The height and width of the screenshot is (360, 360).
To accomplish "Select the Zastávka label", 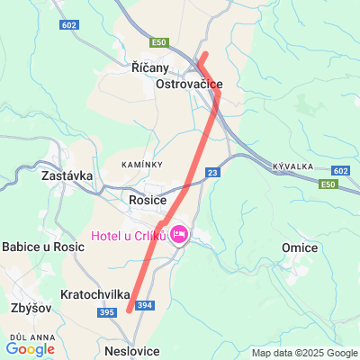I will (x=67, y=176).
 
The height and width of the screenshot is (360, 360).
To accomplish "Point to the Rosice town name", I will (x=148, y=200).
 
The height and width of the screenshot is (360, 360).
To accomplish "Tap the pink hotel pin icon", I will (x=178, y=234).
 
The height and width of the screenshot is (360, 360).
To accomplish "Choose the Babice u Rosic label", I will (x=43, y=247).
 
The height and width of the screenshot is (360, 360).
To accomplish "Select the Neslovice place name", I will (x=132, y=351).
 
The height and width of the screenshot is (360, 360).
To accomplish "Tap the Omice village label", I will (x=300, y=247).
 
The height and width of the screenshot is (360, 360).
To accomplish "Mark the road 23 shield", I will (x=212, y=172).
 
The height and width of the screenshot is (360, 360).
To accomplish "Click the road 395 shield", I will (x=107, y=311).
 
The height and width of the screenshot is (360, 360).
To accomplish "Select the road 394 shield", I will (x=146, y=306).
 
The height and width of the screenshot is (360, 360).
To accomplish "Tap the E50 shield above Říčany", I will (x=160, y=42).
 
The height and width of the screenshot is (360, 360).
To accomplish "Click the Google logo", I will (x=30, y=348).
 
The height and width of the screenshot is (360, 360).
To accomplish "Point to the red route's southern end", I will (x=130, y=310).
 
